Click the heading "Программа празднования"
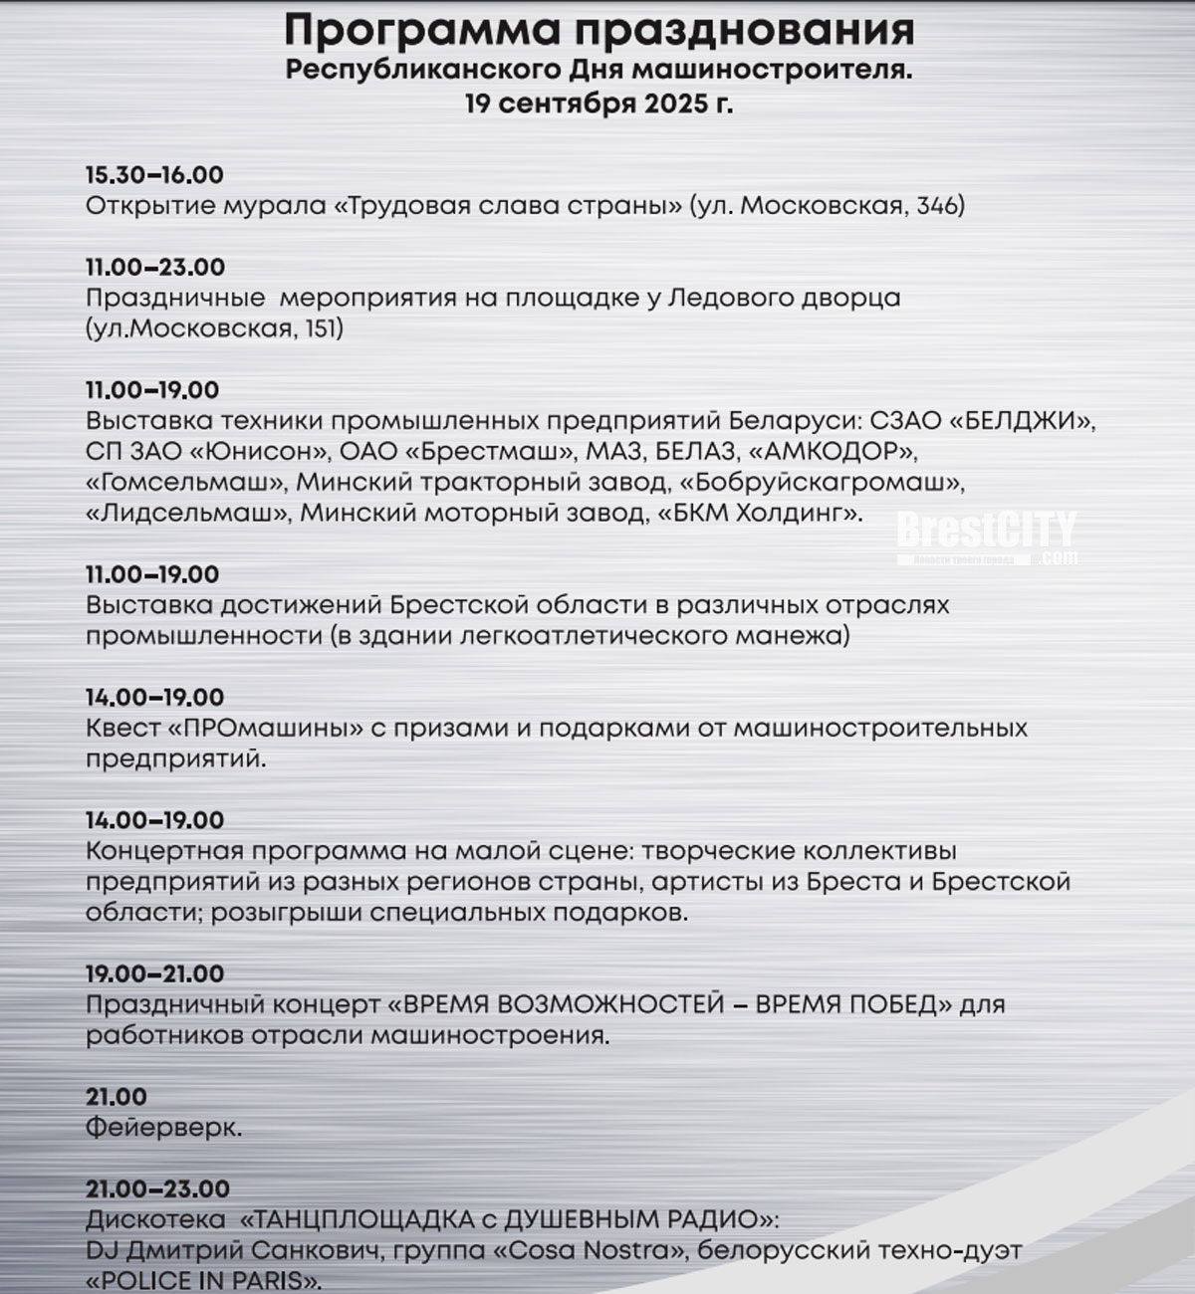click(598, 30)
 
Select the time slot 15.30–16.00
click(154, 175)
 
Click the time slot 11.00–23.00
click(155, 267)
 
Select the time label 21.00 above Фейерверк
click(117, 1097)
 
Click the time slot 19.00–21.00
click(155, 973)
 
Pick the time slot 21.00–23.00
click(157, 1188)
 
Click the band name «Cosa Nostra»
click(587, 1249)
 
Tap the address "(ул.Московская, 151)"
click(214, 328)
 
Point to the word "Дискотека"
click(155, 1219)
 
